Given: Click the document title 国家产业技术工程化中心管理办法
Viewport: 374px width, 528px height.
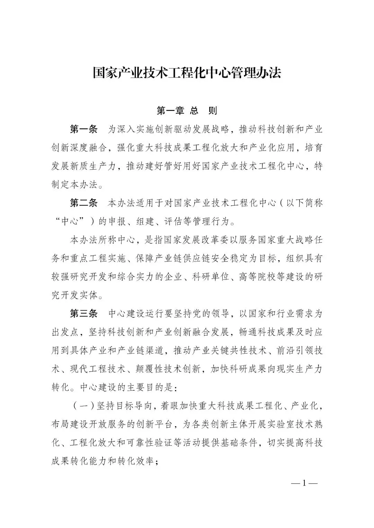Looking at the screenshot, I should click(187, 73).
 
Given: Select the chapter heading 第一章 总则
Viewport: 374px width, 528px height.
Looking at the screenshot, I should click(187, 111).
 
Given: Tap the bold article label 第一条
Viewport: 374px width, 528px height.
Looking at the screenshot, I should click(84, 129).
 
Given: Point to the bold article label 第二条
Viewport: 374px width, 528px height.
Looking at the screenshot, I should click(84, 203).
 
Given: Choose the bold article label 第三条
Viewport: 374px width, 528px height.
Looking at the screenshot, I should click(84, 314).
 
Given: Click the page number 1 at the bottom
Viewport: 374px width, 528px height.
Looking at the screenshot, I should click(304, 483).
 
